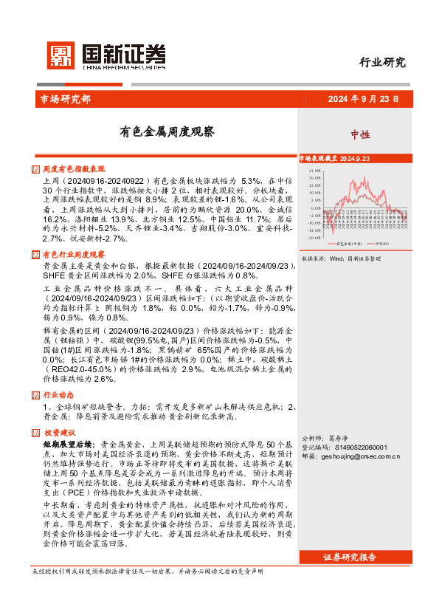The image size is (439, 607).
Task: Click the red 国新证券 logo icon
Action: tap(60, 56)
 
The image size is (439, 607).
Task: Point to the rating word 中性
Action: tap(360, 134)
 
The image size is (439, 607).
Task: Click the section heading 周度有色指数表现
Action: tap(75, 168)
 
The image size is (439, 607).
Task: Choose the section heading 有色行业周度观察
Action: tap(75, 253)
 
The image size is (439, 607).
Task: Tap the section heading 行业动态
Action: tap(59, 394)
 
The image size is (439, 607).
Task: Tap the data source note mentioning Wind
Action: tap(342, 259)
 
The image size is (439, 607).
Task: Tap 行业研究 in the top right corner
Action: tap(382, 63)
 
